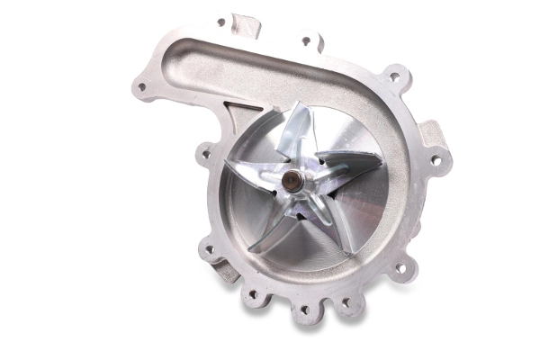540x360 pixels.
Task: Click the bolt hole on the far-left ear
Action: pos(140,87)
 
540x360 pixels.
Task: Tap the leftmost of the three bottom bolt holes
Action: pos(253,294)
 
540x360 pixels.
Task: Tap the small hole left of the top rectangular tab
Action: pos(221,22)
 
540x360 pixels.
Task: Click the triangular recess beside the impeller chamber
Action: pos(236,117)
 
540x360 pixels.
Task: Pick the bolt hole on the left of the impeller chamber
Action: pos(206,155)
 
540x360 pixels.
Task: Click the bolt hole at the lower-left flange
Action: pos(211,250)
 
